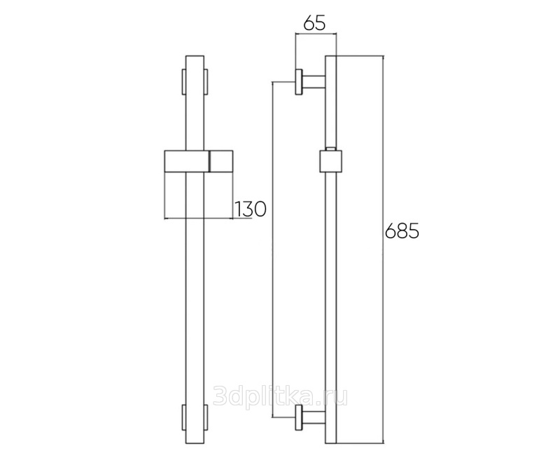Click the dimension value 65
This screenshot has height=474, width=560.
(x=314, y=24)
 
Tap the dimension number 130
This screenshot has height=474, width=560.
(x=251, y=209)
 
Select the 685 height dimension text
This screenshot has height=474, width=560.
(x=402, y=231)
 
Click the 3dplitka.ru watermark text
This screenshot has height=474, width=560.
(x=281, y=396)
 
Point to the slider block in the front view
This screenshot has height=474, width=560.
(x=199, y=161)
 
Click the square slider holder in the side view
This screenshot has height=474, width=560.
(x=330, y=161)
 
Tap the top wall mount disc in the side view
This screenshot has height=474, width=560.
(x=299, y=81)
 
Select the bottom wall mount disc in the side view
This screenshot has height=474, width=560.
(x=299, y=417)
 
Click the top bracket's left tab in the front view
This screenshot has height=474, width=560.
(x=184, y=81)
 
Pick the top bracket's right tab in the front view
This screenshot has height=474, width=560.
(x=206, y=81)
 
